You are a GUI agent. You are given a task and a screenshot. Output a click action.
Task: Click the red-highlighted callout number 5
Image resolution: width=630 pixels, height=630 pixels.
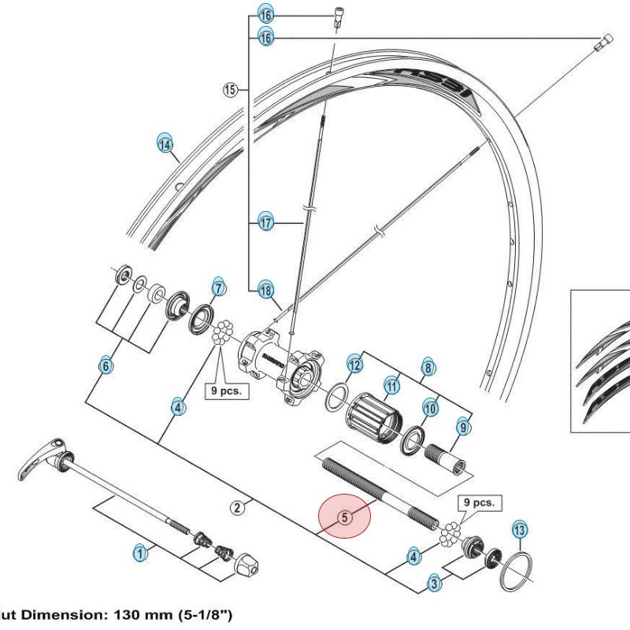pos(343,517)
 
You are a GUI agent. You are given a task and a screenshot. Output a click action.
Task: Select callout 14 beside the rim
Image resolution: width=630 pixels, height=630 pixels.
pos(164,144)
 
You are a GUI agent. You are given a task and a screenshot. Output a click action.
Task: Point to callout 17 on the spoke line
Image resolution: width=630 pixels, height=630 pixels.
pos(265,223)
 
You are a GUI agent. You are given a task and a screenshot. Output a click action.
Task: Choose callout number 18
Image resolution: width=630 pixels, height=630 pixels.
pos(265,290)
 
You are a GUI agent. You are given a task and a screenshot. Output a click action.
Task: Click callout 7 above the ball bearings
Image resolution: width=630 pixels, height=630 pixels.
pos(218,287)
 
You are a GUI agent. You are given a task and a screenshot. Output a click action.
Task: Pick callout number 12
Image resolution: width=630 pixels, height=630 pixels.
pos(355,365)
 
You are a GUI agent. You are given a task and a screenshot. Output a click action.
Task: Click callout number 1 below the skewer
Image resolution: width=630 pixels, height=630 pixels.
pos(139,554)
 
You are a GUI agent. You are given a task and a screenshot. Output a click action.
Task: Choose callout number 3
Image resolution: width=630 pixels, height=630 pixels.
pos(435,583)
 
